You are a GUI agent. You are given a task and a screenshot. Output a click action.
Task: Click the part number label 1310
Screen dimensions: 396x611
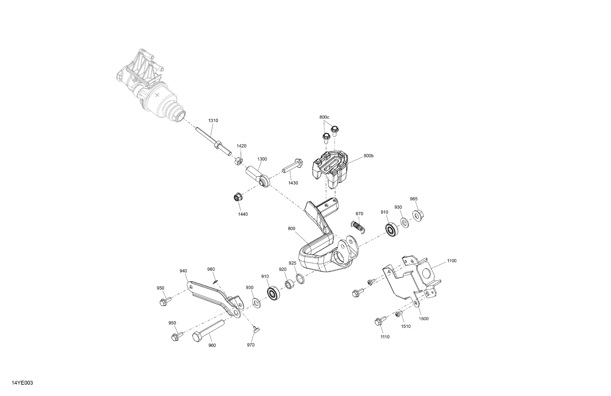tap(213, 120)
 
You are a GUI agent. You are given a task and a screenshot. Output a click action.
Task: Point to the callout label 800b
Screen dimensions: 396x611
tap(368, 156)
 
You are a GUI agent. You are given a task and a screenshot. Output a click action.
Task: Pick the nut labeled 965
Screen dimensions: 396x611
tap(418, 215)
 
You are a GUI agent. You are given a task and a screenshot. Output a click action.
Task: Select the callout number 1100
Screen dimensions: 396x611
tap(452, 261)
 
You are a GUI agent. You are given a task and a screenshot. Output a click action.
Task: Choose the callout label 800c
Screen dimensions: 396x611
tap(324, 117)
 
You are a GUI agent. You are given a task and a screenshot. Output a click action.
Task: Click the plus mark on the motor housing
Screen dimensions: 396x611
tap(157, 95)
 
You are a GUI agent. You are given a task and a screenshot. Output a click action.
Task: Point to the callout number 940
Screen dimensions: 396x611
tap(183, 271)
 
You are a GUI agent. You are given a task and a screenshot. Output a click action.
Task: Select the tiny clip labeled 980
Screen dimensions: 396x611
tap(215, 282)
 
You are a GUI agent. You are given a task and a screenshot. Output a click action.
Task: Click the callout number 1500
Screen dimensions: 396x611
tap(424, 319)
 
